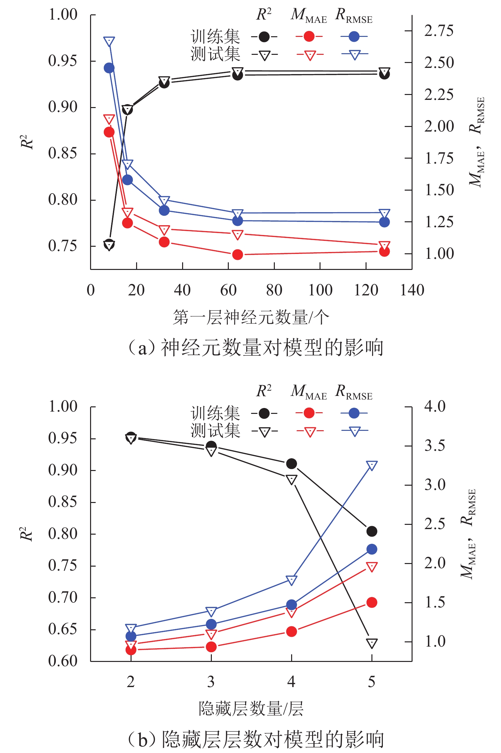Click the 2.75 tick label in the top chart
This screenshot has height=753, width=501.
pyautogui.click(x=439, y=31)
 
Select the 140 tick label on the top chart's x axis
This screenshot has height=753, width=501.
pyautogui.click(x=412, y=290)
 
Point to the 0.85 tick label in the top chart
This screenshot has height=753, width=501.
pyautogui.click(x=63, y=153)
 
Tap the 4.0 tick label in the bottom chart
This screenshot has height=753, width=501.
pyautogui.click(x=435, y=406)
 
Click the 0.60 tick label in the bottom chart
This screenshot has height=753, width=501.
pyautogui.click(x=63, y=661)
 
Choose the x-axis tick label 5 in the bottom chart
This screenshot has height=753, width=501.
pyautogui.click(x=371, y=682)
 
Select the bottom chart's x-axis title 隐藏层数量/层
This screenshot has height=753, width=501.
pyautogui.click(x=251, y=709)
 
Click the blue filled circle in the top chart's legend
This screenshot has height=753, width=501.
pyautogui.click(x=354, y=37)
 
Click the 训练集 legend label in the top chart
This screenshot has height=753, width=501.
pyautogui.click(x=215, y=37)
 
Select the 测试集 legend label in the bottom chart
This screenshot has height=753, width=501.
pyautogui.click(x=215, y=430)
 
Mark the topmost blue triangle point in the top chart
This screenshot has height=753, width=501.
pyautogui.click(x=109, y=41)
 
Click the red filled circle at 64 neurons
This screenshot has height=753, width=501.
pyautogui.click(x=238, y=255)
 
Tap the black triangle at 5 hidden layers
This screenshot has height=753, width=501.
pyautogui.click(x=372, y=643)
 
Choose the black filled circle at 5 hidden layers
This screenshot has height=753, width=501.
pyautogui.click(x=372, y=531)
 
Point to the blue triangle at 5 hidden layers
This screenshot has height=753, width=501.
pyautogui.click(x=372, y=465)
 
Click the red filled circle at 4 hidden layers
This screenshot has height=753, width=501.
pyautogui.click(x=291, y=632)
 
